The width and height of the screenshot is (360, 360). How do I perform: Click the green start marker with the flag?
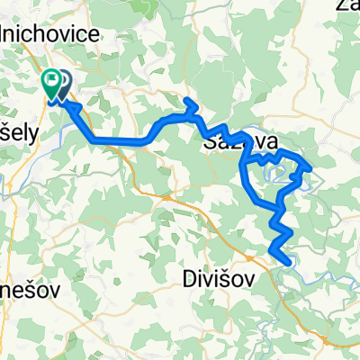point(50,83)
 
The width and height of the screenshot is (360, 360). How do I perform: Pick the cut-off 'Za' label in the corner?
point(349,7)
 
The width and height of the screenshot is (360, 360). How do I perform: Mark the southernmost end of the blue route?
point(286,262)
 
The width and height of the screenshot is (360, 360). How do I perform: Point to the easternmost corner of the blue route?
point(310,166)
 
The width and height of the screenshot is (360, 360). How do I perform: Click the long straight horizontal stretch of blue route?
point(117,140)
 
